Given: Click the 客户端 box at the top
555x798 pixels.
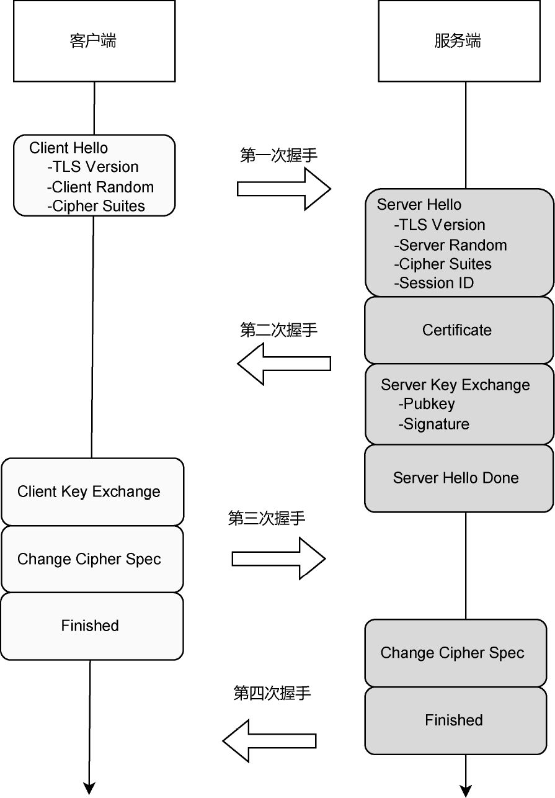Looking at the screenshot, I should click(94, 41).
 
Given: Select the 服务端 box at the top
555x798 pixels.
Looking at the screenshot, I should click(457, 41).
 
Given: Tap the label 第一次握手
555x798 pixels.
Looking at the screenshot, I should click(278, 155).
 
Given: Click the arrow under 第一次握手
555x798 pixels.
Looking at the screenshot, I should click(283, 188).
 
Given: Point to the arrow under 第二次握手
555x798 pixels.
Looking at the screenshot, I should click(284, 363).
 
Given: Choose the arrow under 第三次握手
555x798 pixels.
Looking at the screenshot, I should click(278, 558).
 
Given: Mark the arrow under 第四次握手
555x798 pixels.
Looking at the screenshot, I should click(269, 740).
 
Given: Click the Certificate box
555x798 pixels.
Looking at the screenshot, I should click(458, 330).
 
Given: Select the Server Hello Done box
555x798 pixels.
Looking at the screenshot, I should click(458, 478).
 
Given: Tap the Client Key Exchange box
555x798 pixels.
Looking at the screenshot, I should click(92, 492).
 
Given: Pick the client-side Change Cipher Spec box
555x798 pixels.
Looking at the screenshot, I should click(92, 559).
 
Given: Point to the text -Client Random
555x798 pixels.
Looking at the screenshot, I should click(100, 187).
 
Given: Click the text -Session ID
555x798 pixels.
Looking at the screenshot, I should click(434, 283).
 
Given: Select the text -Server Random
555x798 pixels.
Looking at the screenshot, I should click(450, 244).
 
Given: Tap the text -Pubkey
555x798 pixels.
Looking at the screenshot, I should click(427, 404).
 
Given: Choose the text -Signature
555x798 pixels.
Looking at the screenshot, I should click(434, 424).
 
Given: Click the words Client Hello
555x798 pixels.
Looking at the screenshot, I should click(68, 148).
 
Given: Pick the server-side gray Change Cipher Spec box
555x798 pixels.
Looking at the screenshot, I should click(455, 653).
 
